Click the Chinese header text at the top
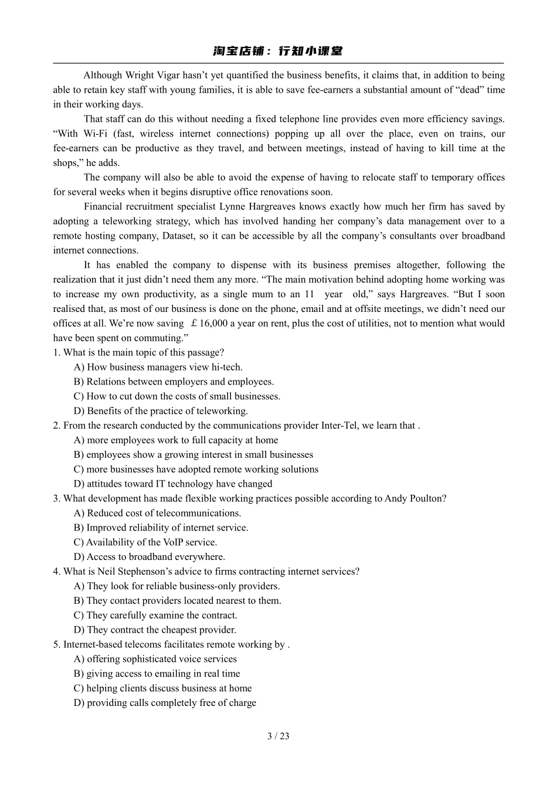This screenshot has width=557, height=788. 278,52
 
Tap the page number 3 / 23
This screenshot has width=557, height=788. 278,736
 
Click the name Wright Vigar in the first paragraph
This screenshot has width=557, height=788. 148,75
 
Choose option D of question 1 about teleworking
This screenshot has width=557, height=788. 161,411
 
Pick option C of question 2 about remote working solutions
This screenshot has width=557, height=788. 196,470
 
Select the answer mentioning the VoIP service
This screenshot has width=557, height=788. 145,542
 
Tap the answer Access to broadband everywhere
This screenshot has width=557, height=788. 149,557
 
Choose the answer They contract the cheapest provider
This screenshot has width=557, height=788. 155,630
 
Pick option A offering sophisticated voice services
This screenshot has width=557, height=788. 155,659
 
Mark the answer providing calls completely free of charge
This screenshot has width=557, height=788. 165,703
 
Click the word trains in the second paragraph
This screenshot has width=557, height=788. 459,134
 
